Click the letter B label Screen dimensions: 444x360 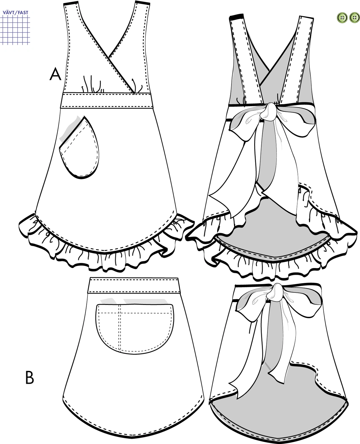coord(30,378)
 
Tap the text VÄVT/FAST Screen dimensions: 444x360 coord(15,13)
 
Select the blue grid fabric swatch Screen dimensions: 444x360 coord(15,30)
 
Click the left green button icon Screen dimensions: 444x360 coord(342,17)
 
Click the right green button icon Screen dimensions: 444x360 coord(354,17)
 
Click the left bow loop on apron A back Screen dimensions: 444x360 coord(245,121)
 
